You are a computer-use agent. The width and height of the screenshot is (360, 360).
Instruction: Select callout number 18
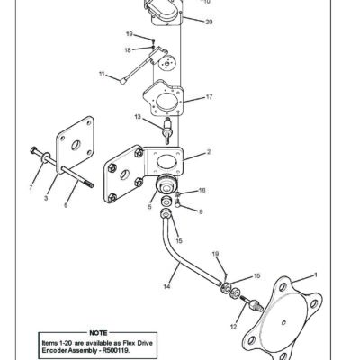tap(128, 49)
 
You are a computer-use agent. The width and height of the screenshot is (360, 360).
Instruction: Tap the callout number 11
tap(102, 72)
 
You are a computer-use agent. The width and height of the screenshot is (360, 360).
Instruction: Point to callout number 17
tap(209, 96)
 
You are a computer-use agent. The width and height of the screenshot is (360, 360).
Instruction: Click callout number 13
tap(137, 117)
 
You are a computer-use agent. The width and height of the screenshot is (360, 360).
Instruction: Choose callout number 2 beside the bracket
tap(209, 153)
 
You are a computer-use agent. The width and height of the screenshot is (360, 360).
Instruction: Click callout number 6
tap(65, 205)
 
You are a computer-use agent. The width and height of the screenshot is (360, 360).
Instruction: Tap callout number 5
tap(150, 207)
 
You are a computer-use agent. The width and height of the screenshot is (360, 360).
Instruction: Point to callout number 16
tap(202, 191)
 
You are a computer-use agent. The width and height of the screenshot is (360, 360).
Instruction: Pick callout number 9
tap(200, 211)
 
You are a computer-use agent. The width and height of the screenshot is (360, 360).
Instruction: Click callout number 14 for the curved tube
tap(166, 286)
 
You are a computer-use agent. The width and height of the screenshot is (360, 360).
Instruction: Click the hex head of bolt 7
tap(32, 149)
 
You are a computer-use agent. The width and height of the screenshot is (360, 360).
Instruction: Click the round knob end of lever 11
tap(121, 79)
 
